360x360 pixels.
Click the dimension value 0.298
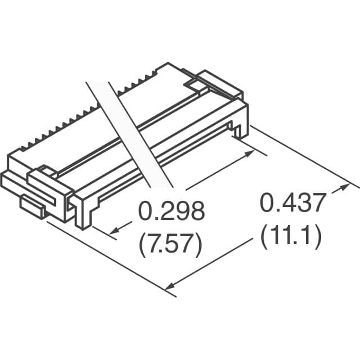pos(172,212)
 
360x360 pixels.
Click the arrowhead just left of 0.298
pos(114,231)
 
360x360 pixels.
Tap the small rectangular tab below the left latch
pos(34,206)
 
